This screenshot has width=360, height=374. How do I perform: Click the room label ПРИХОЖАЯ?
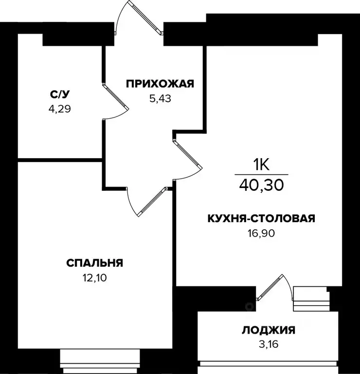coord(160,84)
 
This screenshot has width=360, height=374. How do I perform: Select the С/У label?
coord(59,94)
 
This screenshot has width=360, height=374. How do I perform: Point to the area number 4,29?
coord(59,109)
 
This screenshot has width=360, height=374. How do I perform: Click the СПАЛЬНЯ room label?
coord(94,263)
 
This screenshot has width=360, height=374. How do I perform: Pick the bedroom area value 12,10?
coord(94,278)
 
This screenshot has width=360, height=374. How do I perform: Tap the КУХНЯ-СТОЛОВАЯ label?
coord(261,219)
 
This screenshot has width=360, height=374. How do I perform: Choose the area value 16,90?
coord(261,233)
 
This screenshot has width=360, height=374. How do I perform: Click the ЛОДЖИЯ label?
coord(269,330)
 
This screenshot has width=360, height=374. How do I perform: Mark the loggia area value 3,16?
coord(269,345)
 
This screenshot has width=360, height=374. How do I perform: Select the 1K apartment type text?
coord(261,165)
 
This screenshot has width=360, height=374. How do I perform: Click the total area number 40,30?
coord(261,185)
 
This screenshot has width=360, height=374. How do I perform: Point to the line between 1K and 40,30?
coord(261,174)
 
